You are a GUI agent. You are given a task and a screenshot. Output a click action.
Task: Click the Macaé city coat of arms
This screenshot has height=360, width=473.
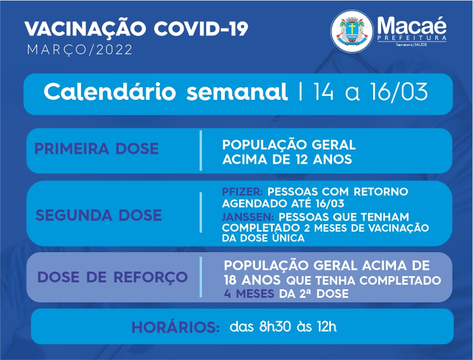pos(351,31)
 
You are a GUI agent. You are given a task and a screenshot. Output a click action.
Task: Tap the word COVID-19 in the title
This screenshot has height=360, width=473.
pos(201,29)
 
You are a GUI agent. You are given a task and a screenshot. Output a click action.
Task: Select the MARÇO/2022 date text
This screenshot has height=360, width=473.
pos(80,50)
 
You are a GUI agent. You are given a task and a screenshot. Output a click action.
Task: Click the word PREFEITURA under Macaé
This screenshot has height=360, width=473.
pos(412,38)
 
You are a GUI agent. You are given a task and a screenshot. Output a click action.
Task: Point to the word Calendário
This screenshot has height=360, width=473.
pos(110,91)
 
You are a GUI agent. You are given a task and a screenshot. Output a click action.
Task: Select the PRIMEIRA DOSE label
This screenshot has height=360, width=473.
pos(96,148)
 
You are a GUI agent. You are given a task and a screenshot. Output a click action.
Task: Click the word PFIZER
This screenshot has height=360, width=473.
pos(242,192)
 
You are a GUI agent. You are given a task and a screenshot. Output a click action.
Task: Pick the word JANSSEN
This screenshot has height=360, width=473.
pos(248,217)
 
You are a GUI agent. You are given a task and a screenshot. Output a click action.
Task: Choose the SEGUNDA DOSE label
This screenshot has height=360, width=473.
pos(99,215)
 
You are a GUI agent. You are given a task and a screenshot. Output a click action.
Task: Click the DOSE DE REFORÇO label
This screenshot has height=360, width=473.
pos(112,277)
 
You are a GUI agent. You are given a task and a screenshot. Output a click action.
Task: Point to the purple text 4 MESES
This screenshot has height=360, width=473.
pos(249,294)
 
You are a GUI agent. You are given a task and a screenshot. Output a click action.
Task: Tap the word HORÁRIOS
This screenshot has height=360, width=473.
pos(176,327)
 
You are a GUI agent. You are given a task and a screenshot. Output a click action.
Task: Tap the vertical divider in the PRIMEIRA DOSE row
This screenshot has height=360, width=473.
pos(201,151)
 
